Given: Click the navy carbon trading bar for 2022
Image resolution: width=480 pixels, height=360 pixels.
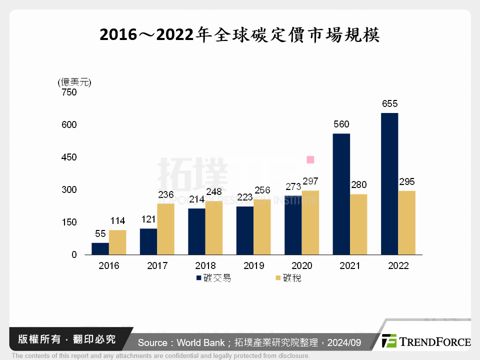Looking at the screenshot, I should click(x=389, y=184).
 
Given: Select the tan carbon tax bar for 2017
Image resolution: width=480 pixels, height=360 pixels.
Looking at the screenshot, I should click(x=166, y=229).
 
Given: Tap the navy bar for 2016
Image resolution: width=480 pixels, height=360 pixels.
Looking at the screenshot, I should click(x=100, y=248).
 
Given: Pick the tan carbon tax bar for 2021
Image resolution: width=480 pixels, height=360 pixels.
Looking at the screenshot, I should click(x=358, y=224).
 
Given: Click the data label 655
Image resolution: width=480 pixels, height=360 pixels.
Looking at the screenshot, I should click(x=389, y=104).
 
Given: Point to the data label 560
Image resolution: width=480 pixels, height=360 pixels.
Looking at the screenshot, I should click(x=341, y=124).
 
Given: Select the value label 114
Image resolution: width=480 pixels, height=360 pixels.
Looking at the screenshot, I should click(x=117, y=221).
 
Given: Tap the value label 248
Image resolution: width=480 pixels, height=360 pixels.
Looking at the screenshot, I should click(x=214, y=192).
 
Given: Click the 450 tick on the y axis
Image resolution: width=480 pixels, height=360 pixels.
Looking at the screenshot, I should click(x=69, y=157).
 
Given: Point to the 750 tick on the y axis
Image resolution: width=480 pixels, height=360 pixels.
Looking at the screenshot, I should click(x=69, y=92).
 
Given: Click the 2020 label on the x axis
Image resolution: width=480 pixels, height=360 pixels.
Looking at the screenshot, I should click(x=301, y=265).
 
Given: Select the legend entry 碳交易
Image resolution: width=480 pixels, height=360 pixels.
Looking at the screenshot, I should click(x=213, y=278).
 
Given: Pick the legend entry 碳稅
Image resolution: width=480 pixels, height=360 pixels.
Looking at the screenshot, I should click(x=288, y=278).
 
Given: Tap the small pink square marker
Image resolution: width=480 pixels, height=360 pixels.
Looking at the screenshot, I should click(x=310, y=159).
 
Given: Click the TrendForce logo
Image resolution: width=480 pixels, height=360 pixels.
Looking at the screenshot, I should click(x=425, y=341).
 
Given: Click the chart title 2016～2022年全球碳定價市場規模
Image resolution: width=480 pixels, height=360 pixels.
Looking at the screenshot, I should click(x=240, y=35).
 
